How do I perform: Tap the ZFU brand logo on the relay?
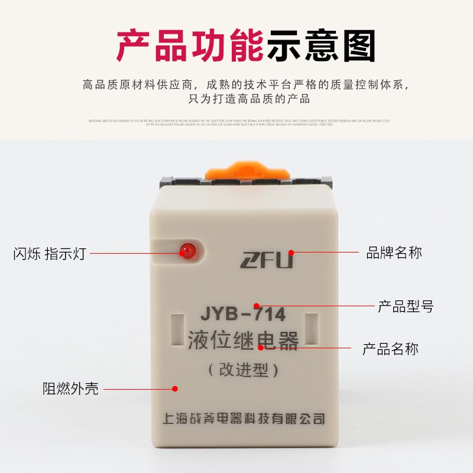click(266, 259)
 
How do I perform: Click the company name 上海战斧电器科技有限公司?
click(243, 419)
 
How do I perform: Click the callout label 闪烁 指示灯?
click(49, 254)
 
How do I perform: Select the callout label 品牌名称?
click(394, 253)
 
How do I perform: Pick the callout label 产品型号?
click(406, 307)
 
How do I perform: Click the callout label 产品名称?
click(390, 349)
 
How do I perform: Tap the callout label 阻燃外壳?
click(70, 388)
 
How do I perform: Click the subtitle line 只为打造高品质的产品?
click(246, 99)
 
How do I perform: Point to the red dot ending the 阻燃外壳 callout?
click(175, 388)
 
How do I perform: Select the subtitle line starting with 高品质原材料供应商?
click(246, 84)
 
